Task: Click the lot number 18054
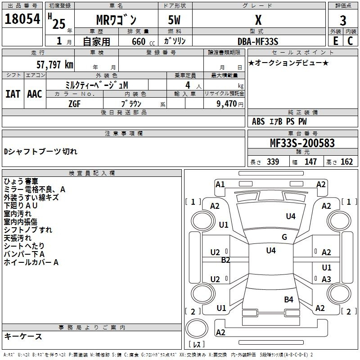point(22,19)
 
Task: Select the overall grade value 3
point(343,20)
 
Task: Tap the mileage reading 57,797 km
point(55,65)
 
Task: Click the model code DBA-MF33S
point(258,41)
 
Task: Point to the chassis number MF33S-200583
point(302,143)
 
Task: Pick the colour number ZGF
point(74,104)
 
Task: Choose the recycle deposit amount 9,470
point(227,103)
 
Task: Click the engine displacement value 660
point(139,41)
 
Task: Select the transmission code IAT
point(13,94)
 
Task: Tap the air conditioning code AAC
point(35,94)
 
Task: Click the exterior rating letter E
point(335,41)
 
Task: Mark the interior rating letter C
point(350,41)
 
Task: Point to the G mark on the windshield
point(284,237)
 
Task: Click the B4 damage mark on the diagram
point(288,299)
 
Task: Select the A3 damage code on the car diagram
point(326,279)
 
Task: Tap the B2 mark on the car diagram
point(225,260)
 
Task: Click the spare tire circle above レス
point(197,328)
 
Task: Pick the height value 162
point(346,162)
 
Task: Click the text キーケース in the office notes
point(23,336)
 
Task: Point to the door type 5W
point(175,20)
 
